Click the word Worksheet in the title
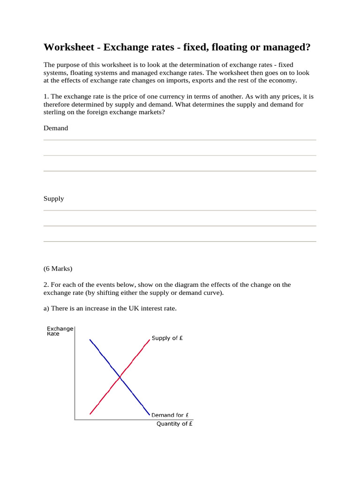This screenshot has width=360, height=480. coord(70,48)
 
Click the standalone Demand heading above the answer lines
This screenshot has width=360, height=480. coord(56,128)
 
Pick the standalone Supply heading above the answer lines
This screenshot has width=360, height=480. coord(54,198)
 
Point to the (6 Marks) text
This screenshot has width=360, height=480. coord(58,269)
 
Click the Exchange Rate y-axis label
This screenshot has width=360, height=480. coord(60,331)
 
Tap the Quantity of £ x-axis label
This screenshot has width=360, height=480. coord(174,424)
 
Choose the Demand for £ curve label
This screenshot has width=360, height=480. coord(170,415)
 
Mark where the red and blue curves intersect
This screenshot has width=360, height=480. coord(120,376)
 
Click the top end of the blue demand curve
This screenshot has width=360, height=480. coord(90,339)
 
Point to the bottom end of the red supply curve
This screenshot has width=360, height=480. coord(90,414)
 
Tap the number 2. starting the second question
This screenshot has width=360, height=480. coord(46,285)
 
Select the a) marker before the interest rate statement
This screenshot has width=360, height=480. coord(46,308)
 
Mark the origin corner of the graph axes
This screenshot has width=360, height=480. coord(75,419)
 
